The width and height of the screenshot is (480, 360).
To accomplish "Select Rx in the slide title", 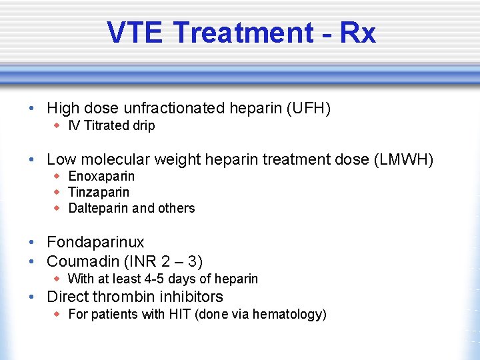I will (357, 32).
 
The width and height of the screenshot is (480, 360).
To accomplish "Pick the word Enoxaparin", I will (101, 176).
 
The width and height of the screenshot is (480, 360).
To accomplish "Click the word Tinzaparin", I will (99, 192).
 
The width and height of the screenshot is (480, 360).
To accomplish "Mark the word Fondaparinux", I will (95, 242).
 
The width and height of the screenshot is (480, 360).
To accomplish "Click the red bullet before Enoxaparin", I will (57, 175).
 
